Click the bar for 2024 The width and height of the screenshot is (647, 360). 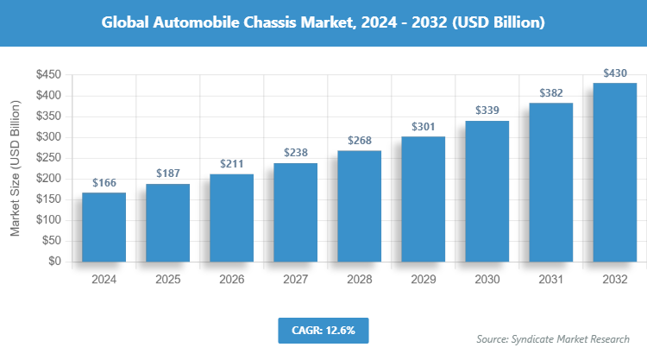(104, 227)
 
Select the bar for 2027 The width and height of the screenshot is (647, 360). (295, 212)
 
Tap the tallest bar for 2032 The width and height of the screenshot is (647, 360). (614, 173)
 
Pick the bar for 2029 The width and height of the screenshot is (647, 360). (423, 199)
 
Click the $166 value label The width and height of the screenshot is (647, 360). (104, 182)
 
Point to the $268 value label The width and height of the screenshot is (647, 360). (359, 140)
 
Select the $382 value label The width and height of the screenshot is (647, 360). (550, 92)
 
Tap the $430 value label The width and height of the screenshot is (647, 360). (614, 73)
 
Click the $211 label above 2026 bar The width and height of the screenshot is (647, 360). (231, 163)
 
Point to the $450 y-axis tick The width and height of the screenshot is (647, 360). (47, 75)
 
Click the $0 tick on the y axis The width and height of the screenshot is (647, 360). (53, 262)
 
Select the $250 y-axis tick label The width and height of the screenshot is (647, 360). (47, 158)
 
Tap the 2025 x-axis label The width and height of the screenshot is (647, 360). (167, 280)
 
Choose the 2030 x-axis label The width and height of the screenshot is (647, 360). (487, 280)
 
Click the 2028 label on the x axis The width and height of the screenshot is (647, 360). (359, 280)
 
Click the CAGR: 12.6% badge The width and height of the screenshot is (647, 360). (323, 329)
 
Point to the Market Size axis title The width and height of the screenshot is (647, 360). (16, 168)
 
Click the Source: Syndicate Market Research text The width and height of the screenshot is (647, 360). (553, 339)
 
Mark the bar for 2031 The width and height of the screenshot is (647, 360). (550, 182)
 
